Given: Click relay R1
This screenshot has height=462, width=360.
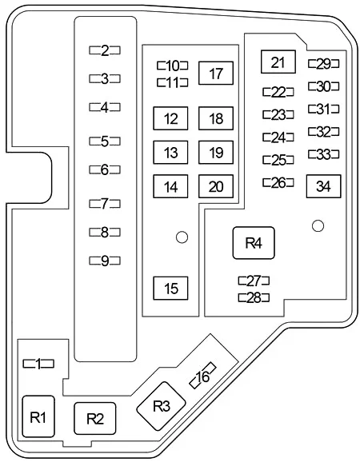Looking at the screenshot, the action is [x=38, y=416].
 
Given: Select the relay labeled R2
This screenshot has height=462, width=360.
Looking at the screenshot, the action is [x=94, y=418].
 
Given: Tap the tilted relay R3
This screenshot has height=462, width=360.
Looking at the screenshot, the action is [x=161, y=406].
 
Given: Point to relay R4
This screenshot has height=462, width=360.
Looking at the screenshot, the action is [x=254, y=243].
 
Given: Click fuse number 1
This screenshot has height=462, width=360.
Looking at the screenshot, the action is [x=38, y=364].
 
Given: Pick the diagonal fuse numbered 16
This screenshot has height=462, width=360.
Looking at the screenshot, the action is [x=203, y=375].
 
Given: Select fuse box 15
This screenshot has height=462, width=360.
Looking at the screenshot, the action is [x=170, y=289].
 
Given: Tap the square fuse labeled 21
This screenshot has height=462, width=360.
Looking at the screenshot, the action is [x=278, y=62].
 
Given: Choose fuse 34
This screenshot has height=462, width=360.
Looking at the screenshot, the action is [x=323, y=186].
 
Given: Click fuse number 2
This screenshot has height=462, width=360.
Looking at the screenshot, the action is [x=105, y=50].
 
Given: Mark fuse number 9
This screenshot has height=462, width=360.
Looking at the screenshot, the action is [x=105, y=261].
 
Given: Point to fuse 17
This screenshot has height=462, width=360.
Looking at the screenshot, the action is [x=216, y=73].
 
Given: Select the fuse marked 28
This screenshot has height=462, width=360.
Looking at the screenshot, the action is [x=254, y=297].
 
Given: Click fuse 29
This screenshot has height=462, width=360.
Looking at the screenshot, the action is [x=323, y=64].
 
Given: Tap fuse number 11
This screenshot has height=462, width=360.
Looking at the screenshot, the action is [x=173, y=82].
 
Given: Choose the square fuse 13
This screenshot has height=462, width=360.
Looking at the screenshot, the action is [x=170, y=153].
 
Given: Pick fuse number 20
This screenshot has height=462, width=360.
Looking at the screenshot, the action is [x=216, y=186].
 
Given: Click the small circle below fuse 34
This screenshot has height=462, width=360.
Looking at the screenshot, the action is [x=318, y=226].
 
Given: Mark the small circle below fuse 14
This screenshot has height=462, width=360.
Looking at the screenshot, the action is [x=182, y=237].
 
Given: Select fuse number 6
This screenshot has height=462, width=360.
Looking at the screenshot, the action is [x=105, y=169].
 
